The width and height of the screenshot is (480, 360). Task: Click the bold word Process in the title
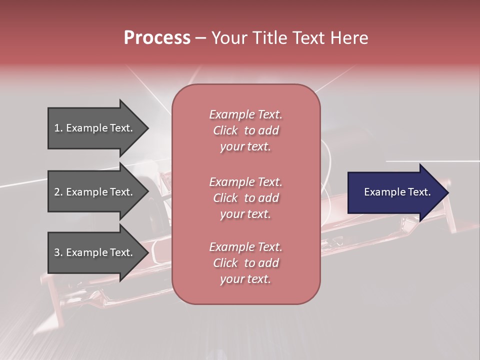157,38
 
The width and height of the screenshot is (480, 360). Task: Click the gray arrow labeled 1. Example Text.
95,128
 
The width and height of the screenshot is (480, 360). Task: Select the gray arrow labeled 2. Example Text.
95,192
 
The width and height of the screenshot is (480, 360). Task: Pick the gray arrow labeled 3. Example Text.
95,252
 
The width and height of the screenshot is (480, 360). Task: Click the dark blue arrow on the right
395,192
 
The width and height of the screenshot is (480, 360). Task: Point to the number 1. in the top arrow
58,128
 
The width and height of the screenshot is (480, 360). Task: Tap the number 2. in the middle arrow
58,192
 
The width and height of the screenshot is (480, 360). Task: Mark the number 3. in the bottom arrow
58,252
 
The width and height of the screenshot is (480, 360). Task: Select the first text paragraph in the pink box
245,130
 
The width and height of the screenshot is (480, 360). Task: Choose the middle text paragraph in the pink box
245,198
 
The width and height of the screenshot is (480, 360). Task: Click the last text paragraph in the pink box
245,263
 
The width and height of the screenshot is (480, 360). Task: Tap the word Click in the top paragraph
225,130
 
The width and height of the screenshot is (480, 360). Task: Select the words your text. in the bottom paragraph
245,279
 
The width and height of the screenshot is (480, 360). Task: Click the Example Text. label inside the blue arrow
397,192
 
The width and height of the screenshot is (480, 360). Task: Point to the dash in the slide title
200,38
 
